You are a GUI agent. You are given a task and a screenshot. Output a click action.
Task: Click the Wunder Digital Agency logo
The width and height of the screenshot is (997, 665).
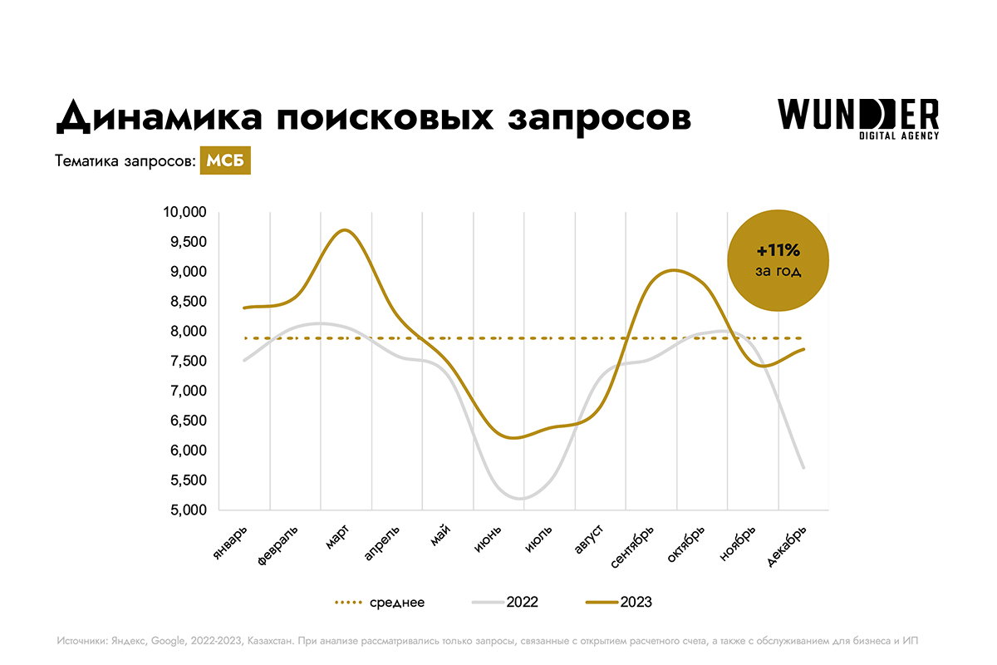858,119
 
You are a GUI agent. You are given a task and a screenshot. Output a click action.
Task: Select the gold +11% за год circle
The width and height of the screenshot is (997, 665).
778,259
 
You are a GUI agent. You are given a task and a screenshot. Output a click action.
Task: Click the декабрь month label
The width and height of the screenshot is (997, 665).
786,546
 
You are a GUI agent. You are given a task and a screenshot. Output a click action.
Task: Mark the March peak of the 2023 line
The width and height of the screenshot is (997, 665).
346,229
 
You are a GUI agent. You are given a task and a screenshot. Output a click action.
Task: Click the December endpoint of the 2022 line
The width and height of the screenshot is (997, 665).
803,468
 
